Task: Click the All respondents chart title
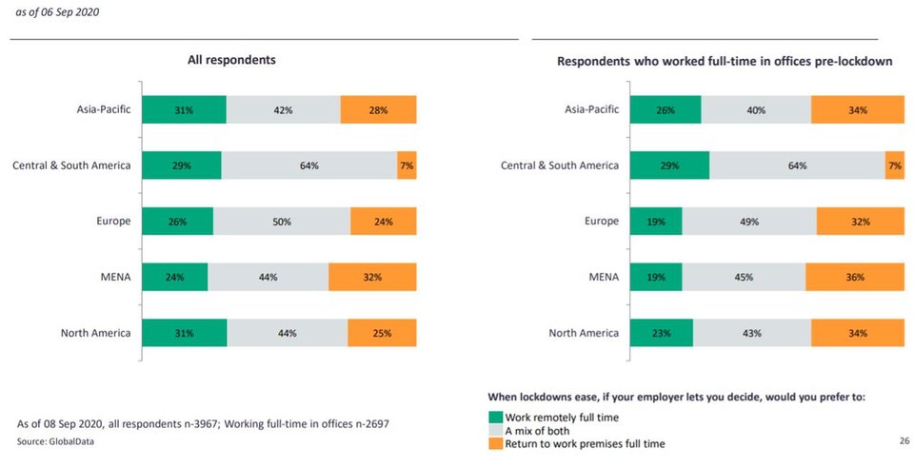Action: point(231,60)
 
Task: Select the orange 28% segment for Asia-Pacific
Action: point(378,110)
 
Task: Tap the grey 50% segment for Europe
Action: point(282,222)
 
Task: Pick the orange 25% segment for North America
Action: point(382,334)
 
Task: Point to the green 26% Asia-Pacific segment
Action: point(666,110)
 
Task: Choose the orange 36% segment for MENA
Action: point(855,278)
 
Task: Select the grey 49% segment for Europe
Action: point(749,222)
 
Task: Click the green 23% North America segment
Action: point(662,334)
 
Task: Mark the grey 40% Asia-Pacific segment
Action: point(756,110)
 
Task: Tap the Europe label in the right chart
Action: point(601,222)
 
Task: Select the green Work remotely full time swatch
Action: point(495,417)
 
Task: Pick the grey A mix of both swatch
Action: point(495,430)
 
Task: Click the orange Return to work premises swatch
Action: point(495,443)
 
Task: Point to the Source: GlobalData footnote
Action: point(55,442)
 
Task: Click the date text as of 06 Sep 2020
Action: point(57,12)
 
